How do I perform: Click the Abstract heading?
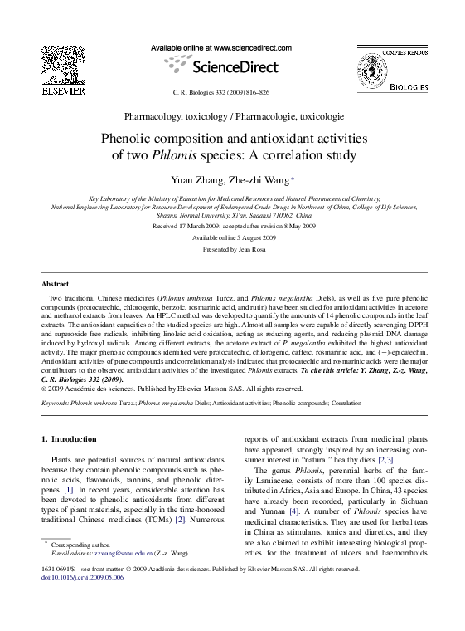tap(56, 283)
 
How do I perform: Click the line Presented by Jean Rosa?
tap(232, 248)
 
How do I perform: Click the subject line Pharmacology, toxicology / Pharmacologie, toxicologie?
tap(232, 117)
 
